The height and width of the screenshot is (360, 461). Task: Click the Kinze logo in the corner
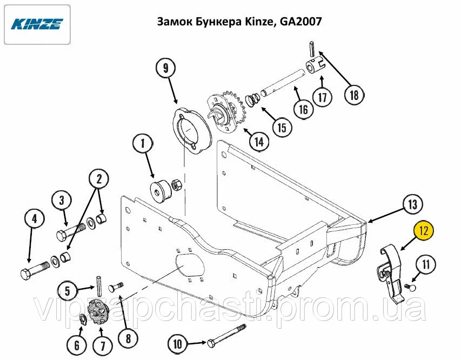37,24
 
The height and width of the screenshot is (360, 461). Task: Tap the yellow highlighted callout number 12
424,231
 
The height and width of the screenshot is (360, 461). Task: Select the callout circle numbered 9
165,68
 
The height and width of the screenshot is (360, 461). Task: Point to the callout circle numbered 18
355,95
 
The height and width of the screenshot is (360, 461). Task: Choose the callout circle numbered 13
412,204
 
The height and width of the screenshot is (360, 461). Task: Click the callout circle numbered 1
143,144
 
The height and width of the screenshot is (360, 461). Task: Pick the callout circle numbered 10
178,344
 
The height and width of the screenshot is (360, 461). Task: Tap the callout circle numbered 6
77,345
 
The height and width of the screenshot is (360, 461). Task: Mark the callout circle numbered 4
35,219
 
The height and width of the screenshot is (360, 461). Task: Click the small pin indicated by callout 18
312,49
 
